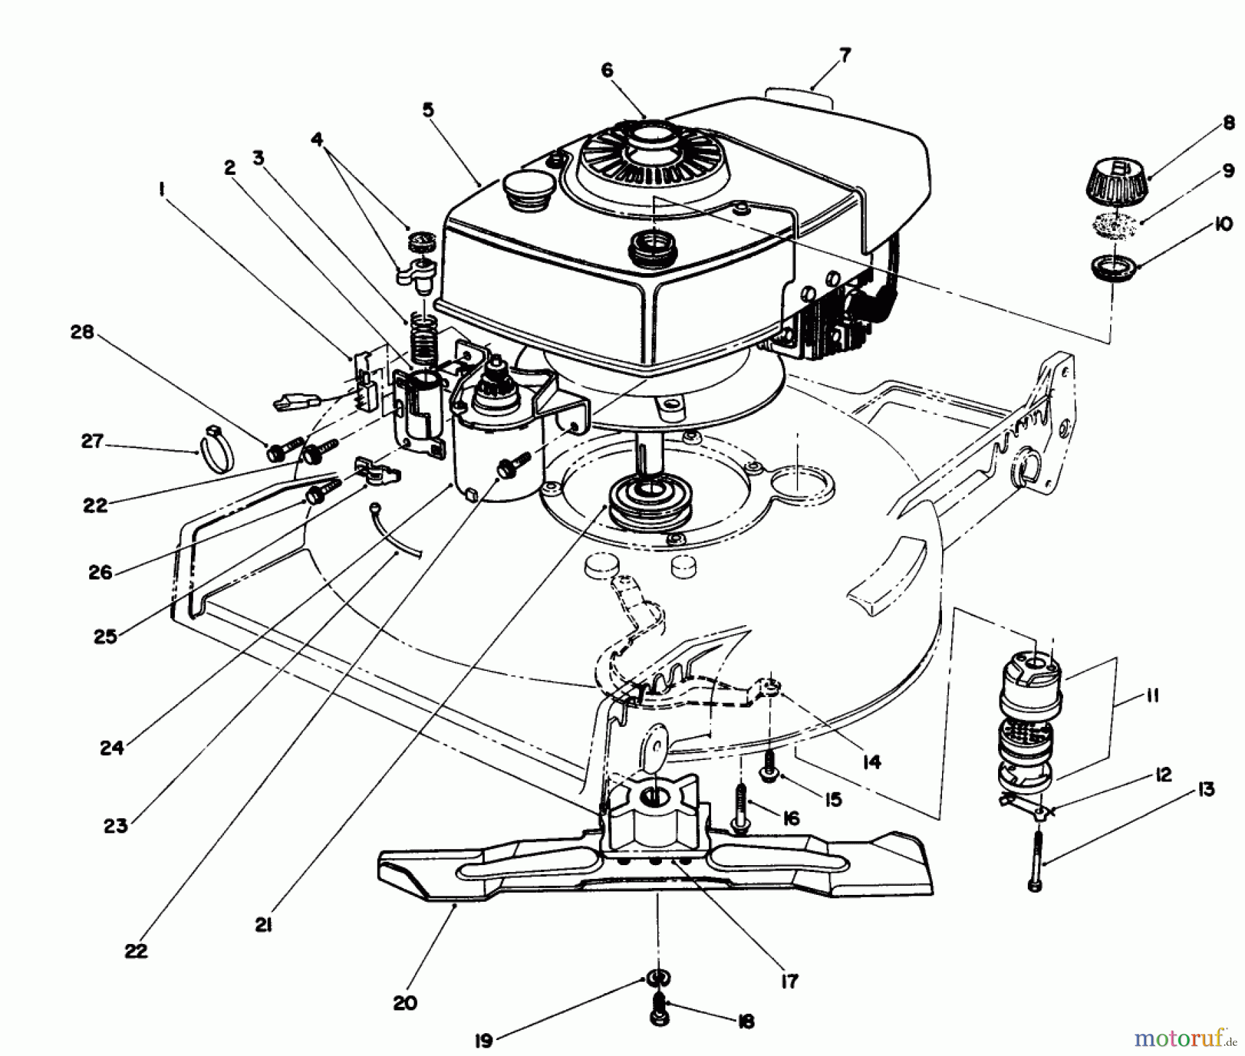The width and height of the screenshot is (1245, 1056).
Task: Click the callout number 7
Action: coord(845,55)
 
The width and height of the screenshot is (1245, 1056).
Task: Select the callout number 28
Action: coord(82,333)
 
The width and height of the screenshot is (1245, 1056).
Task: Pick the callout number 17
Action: coord(789,981)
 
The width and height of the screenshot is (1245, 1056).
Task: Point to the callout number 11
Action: coord(1152,696)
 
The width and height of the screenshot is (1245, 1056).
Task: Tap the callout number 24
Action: coord(111,748)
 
